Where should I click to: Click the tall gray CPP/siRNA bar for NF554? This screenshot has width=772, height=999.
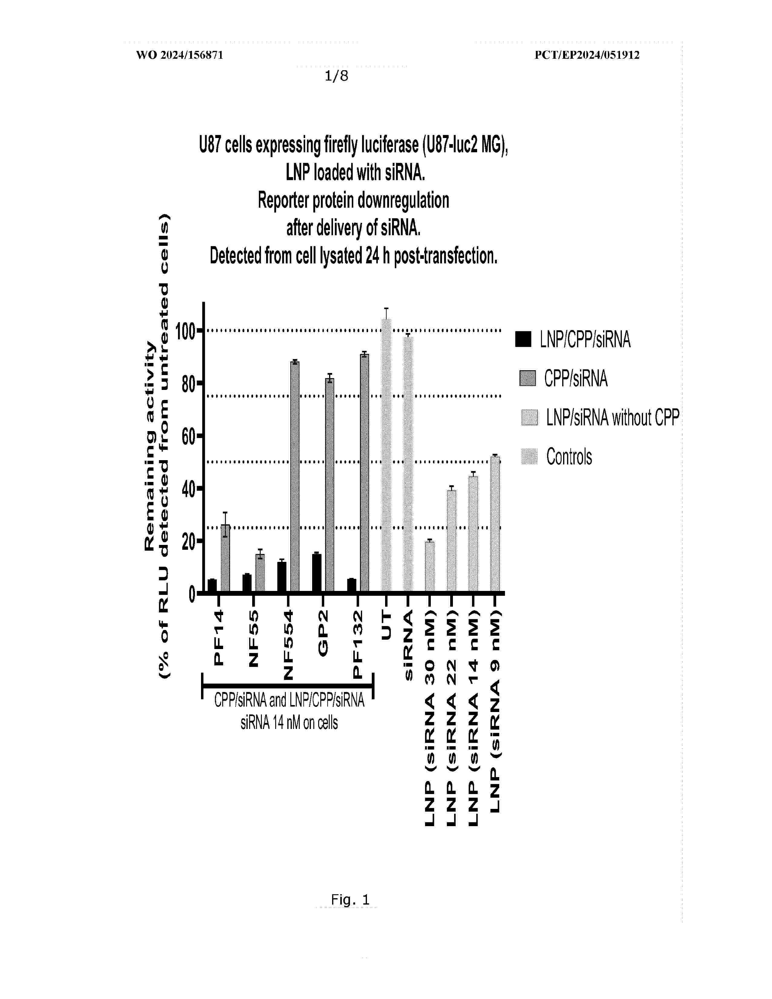click(295, 476)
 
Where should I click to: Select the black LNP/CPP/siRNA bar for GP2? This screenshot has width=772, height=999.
click(316, 573)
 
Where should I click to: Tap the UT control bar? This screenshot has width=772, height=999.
click(387, 455)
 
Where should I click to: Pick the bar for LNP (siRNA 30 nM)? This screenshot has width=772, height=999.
click(430, 566)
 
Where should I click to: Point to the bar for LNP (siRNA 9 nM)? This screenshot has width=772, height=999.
click(495, 524)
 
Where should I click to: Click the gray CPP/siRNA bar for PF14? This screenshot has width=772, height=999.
click(225, 558)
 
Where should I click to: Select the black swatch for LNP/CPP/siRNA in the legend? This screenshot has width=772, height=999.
click(523, 339)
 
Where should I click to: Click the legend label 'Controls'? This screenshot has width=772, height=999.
click(569, 457)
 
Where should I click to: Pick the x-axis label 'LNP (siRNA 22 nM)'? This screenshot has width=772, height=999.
click(451, 718)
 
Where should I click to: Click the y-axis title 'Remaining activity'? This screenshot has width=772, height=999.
click(150, 446)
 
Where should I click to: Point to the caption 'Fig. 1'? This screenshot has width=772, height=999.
click(350, 900)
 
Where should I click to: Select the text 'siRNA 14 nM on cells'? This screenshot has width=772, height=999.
click(289, 723)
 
